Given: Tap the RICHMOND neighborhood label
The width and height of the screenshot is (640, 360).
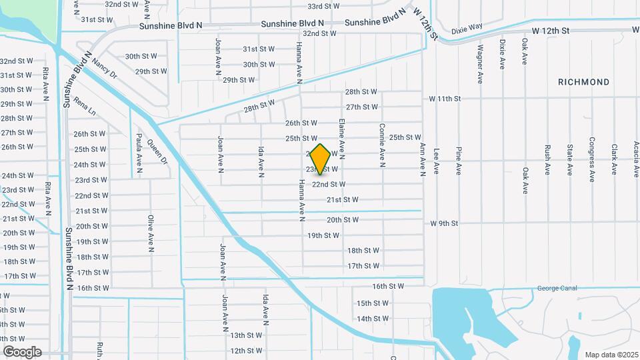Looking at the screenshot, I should click(583, 82).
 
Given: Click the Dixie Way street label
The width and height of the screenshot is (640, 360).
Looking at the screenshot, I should click(466, 29).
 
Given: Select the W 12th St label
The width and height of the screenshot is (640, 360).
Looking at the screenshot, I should click(550, 31).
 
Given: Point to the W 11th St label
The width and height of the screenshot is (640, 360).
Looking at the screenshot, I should click(445, 99).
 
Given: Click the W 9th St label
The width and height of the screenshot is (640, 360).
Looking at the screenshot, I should click(445, 223).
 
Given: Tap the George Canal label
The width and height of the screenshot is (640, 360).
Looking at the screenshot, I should click(556, 289).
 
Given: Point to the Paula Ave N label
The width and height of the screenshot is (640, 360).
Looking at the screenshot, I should click(139, 153).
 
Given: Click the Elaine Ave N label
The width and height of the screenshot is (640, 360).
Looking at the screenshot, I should click(341, 139).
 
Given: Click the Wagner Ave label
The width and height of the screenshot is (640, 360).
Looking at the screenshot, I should click(479, 63).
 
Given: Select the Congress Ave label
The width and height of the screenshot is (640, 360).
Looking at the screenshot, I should click(591, 159).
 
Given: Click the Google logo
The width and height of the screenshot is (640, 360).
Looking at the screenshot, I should click(22, 352).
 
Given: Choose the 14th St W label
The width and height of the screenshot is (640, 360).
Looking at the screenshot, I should click(373, 319).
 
